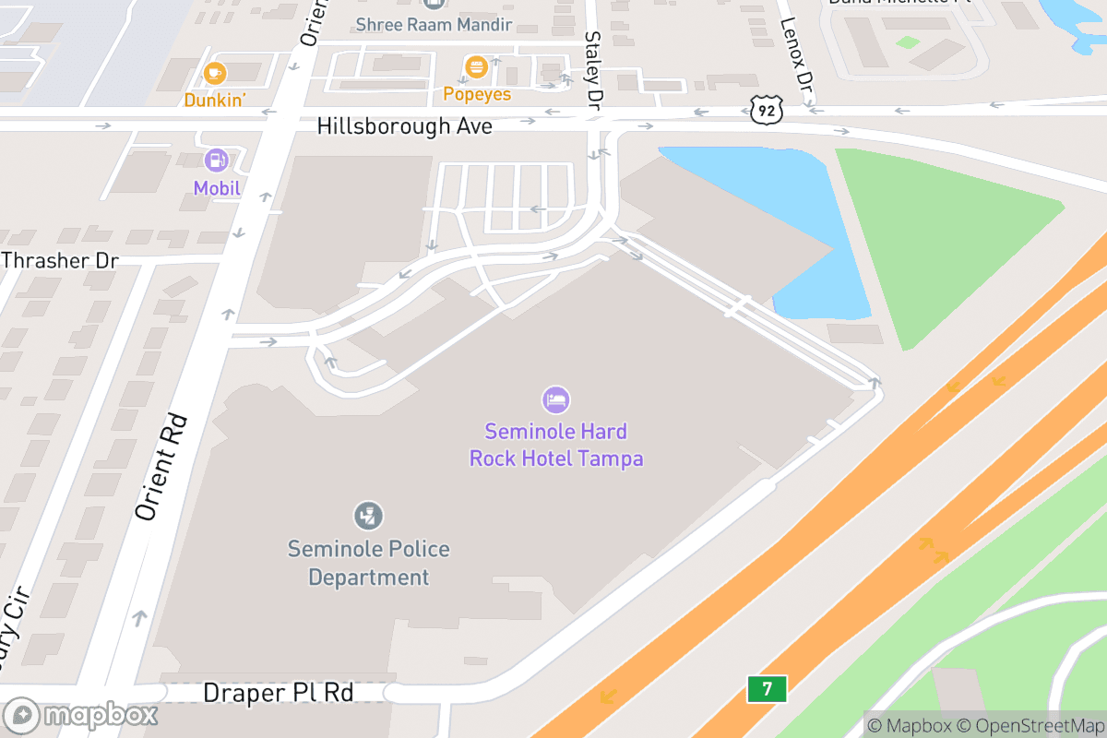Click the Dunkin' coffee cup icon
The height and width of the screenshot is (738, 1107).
(215, 72)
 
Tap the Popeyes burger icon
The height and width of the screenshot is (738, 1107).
(476, 66)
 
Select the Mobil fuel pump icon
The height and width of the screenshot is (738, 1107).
(217, 161)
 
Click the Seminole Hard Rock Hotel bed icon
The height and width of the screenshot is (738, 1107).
(555, 399)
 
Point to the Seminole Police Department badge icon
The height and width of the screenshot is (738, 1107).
(368, 516)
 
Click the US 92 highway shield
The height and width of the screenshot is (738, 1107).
(767, 112)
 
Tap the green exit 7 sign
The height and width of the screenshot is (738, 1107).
(767, 688)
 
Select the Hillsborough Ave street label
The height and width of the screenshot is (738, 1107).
(404, 126)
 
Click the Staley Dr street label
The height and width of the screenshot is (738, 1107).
(593, 68)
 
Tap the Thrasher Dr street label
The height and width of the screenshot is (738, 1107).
(60, 260)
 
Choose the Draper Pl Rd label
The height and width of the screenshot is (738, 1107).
(278, 693)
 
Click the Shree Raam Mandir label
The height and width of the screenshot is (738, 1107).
(434, 24)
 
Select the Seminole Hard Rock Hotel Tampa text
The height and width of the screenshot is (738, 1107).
(556, 445)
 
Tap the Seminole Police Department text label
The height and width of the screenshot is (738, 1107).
(368, 563)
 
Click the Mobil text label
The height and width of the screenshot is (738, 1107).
(217, 188)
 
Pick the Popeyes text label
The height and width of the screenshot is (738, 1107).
(477, 94)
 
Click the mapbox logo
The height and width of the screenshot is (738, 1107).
(81, 715)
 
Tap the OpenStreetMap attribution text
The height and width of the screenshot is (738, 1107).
(1038, 724)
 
